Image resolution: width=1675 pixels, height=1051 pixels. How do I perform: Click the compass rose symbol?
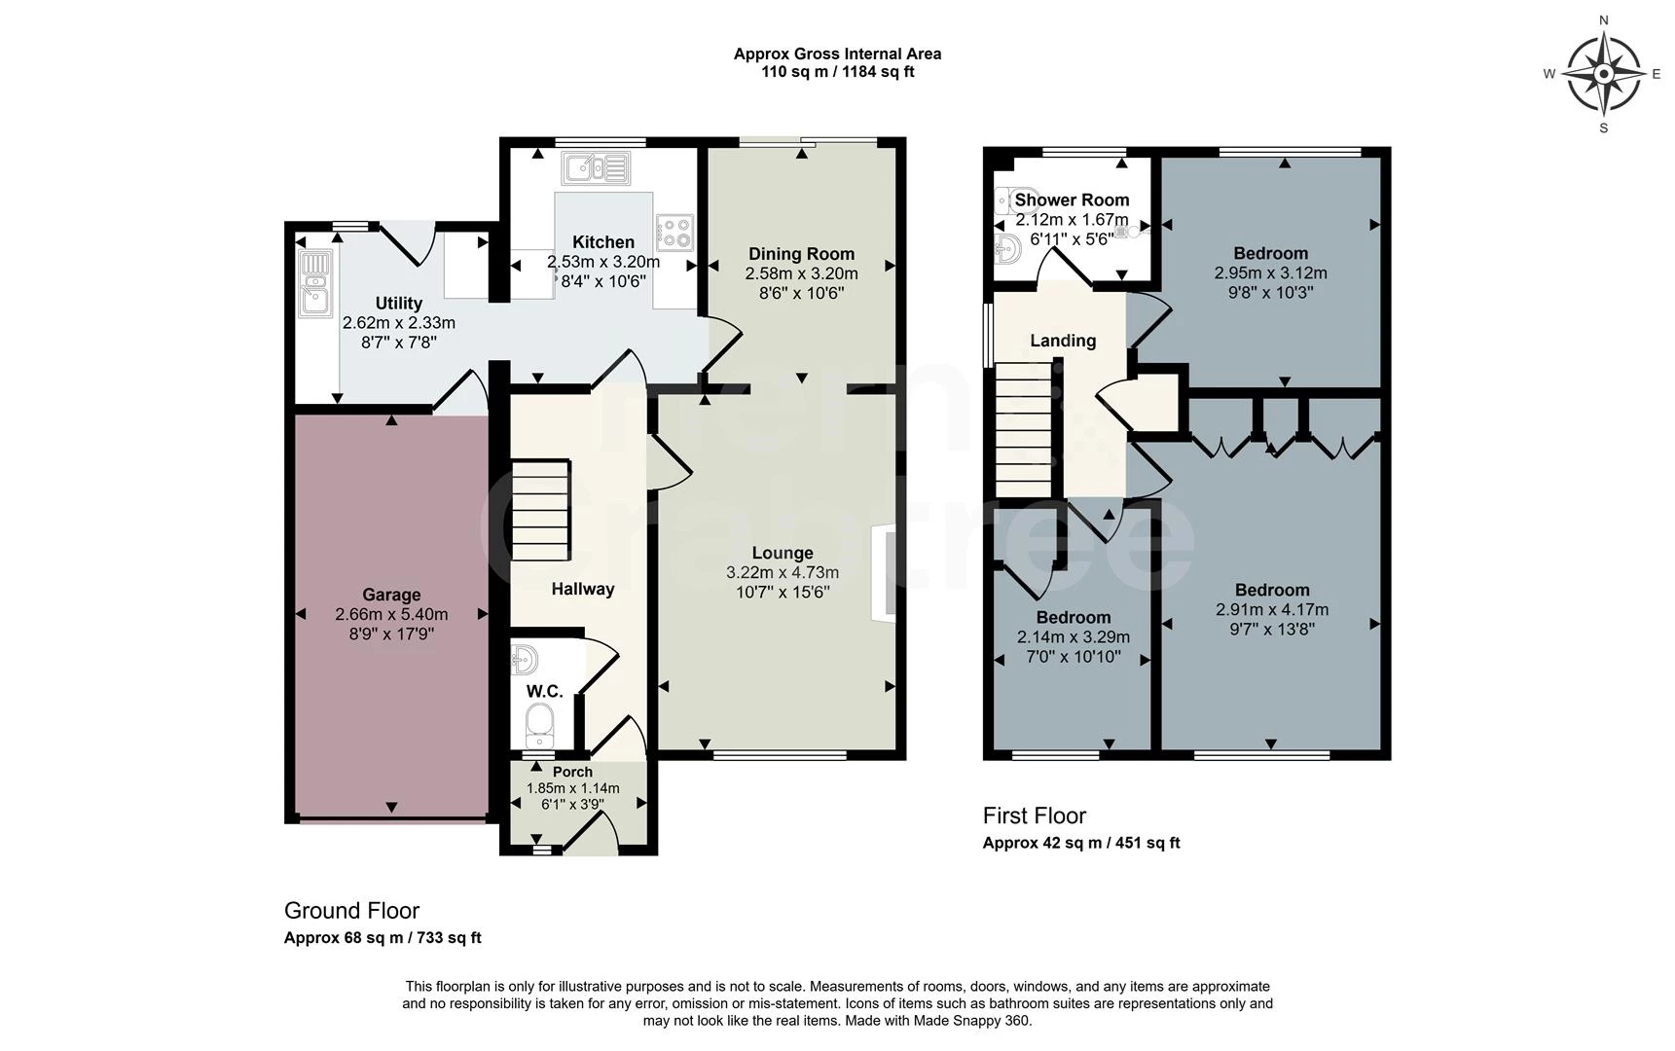click(1603, 73)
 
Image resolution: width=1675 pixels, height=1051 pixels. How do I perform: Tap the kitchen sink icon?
click(595, 168)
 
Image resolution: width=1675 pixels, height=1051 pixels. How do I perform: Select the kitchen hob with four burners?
click(674, 232)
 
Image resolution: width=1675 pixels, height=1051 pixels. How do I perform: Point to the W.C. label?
click(544, 691)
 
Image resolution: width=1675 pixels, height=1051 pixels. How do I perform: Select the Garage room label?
click(391, 595)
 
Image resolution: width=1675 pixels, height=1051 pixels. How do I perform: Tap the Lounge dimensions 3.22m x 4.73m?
click(782, 572)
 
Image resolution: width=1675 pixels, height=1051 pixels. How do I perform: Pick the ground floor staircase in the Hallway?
click(540, 510)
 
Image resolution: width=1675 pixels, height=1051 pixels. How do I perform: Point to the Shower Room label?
click(1072, 199)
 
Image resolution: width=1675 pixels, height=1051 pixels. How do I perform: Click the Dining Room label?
click(801, 254)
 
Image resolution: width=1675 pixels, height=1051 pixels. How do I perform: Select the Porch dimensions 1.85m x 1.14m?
click(572, 788)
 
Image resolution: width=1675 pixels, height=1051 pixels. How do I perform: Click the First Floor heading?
click(1034, 815)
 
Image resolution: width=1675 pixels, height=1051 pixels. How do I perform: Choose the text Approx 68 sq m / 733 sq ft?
click(382, 938)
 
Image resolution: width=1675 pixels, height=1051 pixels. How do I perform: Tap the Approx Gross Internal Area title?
click(837, 54)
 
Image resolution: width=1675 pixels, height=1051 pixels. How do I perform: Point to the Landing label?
click(1063, 341)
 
